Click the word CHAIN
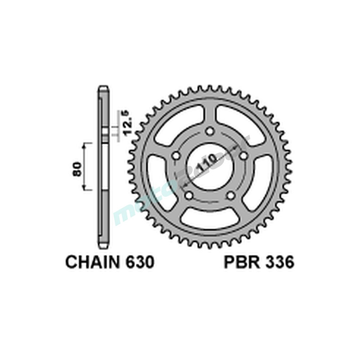[x=92, y=262]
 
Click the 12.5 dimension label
[x=126, y=123]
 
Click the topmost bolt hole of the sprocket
[x=211, y=132]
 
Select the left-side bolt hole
[x=176, y=156]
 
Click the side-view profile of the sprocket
[x=103, y=166]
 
